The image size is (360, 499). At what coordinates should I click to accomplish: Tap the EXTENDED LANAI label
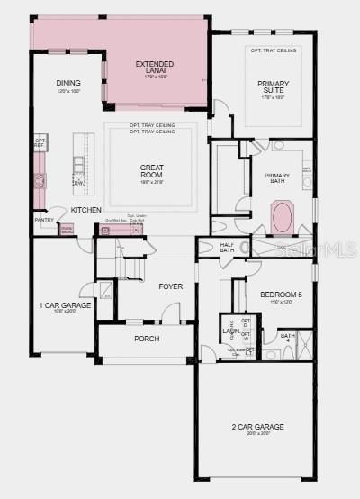(155, 68)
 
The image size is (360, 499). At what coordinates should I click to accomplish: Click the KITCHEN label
(86, 210)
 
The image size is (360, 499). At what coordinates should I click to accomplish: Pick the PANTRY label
(44, 219)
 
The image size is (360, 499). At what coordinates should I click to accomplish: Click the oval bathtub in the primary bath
(283, 219)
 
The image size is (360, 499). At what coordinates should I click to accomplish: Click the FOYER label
(171, 286)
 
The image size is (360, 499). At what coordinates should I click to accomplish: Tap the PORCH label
(147, 340)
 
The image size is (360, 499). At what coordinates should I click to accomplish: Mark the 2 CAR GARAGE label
(258, 427)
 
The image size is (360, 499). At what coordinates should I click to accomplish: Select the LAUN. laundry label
(231, 331)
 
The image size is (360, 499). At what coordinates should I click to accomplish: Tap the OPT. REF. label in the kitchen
(40, 142)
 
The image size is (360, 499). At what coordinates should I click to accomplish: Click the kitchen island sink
(78, 164)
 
